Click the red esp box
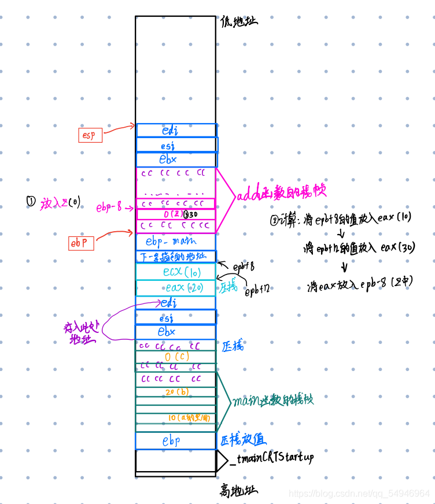pyautogui.click(x=90, y=135)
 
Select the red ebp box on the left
pyautogui.click(x=81, y=243)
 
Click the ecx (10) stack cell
pyautogui.click(x=175, y=272)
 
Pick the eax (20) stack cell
pyautogui.click(x=175, y=287)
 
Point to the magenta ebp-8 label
pyautogui.click(x=109, y=207)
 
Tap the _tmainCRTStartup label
pyautogui.click(x=271, y=458)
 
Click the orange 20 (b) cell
pyautogui.click(x=175, y=392)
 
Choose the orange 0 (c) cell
pyautogui.click(x=175, y=357)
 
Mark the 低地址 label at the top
pyautogui.click(x=238, y=21)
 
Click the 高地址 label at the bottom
pyautogui.click(x=238, y=491)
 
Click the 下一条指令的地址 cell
pyautogui.click(x=175, y=257)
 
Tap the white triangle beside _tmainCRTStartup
pyautogui.click(x=222, y=461)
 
